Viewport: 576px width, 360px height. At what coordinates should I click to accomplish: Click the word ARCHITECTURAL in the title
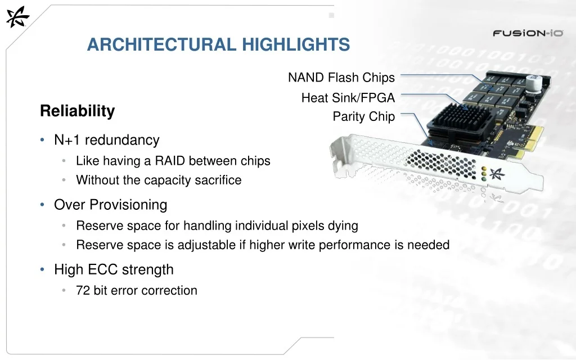[x=162, y=44]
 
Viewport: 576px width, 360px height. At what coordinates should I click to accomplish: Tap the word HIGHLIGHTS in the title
[x=296, y=44]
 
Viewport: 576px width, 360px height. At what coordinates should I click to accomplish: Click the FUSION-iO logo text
[x=528, y=33]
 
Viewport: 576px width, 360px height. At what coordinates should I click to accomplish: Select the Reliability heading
[x=78, y=111]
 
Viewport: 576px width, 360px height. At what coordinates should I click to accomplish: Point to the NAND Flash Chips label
[x=341, y=78]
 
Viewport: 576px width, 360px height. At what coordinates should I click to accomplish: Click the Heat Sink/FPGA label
[x=348, y=98]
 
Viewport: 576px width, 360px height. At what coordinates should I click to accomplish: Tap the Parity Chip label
[x=364, y=116]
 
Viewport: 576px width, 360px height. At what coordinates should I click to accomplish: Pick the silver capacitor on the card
[x=533, y=83]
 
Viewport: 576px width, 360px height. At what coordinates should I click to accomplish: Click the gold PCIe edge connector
[x=528, y=141]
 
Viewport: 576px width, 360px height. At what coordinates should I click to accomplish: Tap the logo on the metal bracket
[x=497, y=174]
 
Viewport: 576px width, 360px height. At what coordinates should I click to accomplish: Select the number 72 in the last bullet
[x=83, y=291]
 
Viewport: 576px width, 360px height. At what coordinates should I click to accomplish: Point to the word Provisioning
[x=134, y=205]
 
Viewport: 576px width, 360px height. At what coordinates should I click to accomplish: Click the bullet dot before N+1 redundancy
[x=42, y=139]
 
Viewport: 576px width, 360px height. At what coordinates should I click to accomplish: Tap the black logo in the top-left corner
[x=17, y=17]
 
